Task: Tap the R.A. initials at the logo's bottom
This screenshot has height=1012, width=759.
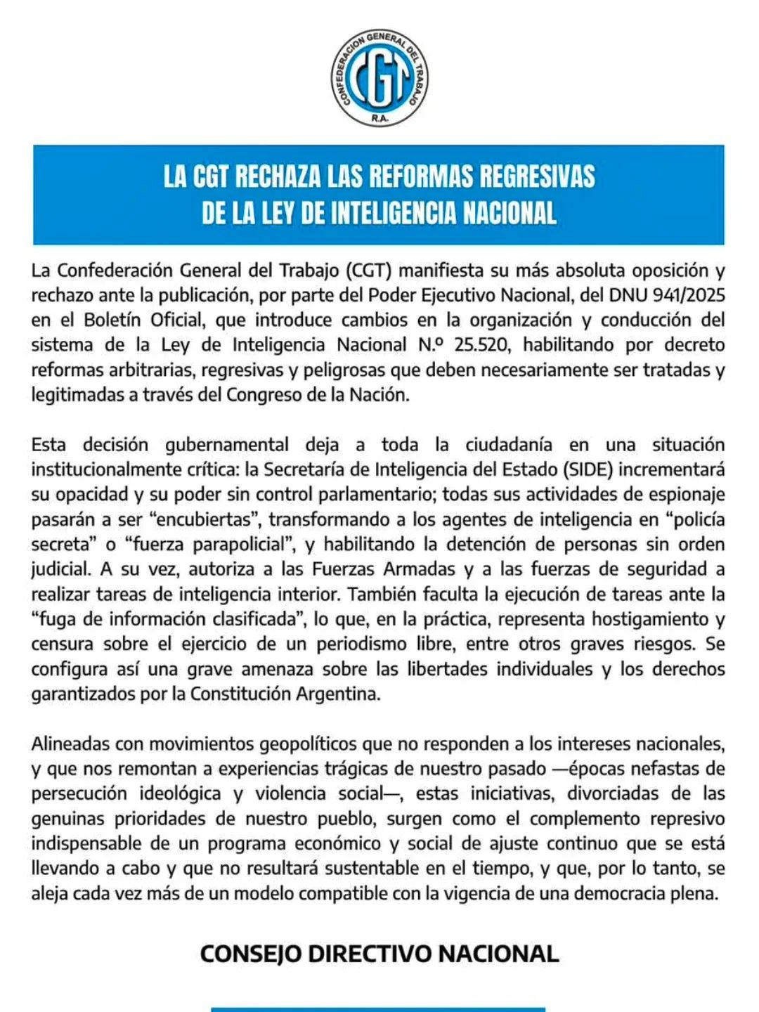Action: click(380, 119)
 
